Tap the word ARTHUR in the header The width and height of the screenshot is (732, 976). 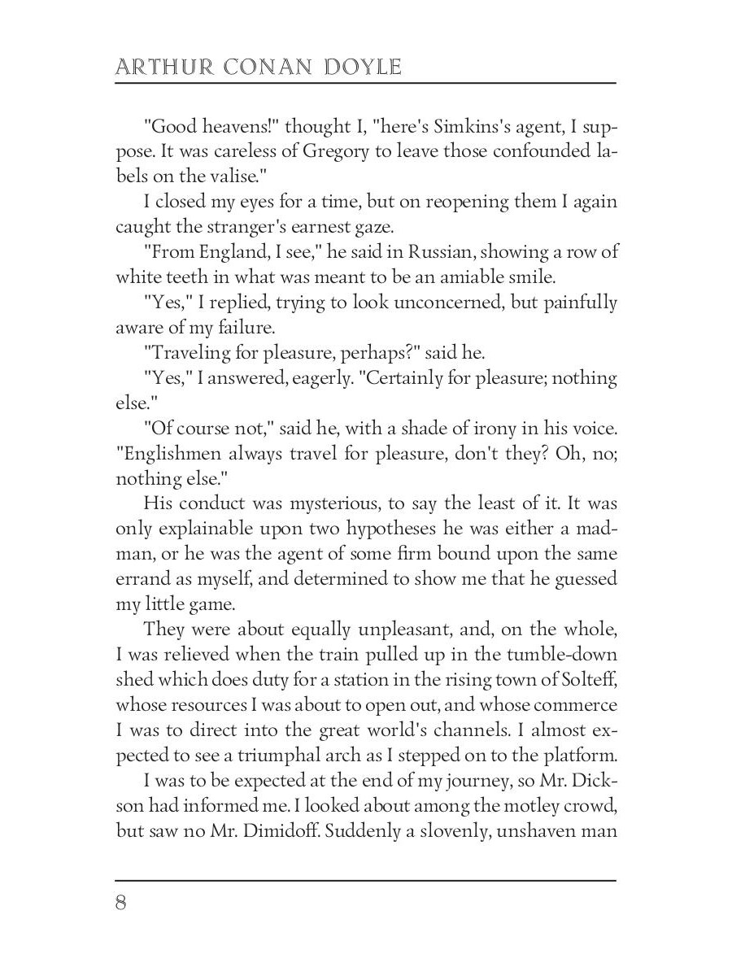coord(160,67)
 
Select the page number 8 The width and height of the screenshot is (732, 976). coord(121,904)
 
